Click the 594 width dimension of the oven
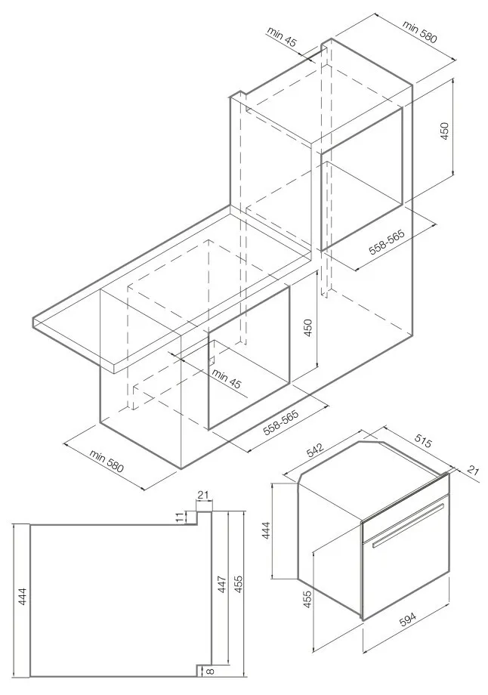pos(408,619)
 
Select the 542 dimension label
pos(316,450)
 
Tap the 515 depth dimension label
pos(423,441)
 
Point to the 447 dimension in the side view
pos(221,584)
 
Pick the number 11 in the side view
pos(180,517)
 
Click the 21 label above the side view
pos(204,495)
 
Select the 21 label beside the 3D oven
pos(474,470)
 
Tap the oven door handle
pos(408,525)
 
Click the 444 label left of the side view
pos(23,596)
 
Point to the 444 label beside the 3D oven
pos(266,530)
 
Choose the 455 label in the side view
pos(239,584)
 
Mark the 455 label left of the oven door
pos(307,599)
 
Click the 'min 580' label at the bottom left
pos(106,461)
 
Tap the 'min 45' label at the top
pos(282,37)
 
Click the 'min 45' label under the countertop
pos(226,378)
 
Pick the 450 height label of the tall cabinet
pos(444,131)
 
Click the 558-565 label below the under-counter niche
pos(281,423)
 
